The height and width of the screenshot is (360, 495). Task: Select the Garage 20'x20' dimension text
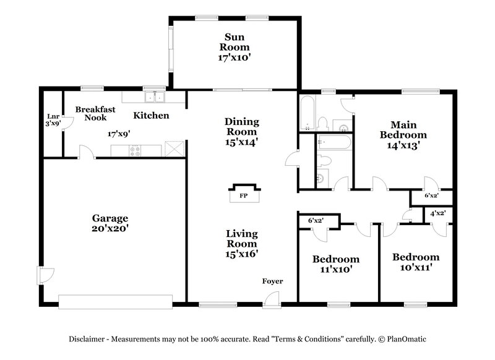pos(110,229)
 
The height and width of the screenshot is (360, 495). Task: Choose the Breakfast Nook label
pos(91,113)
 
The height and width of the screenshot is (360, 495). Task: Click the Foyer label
pos(272,281)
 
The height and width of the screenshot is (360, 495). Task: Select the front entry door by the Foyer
pos(270,301)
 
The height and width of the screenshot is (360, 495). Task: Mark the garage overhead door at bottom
pos(115,301)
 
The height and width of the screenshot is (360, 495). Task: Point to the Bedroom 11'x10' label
pos(335,264)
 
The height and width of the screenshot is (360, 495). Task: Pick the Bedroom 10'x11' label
pos(415,262)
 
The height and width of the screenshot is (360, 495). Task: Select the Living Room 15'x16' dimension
pos(241,253)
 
